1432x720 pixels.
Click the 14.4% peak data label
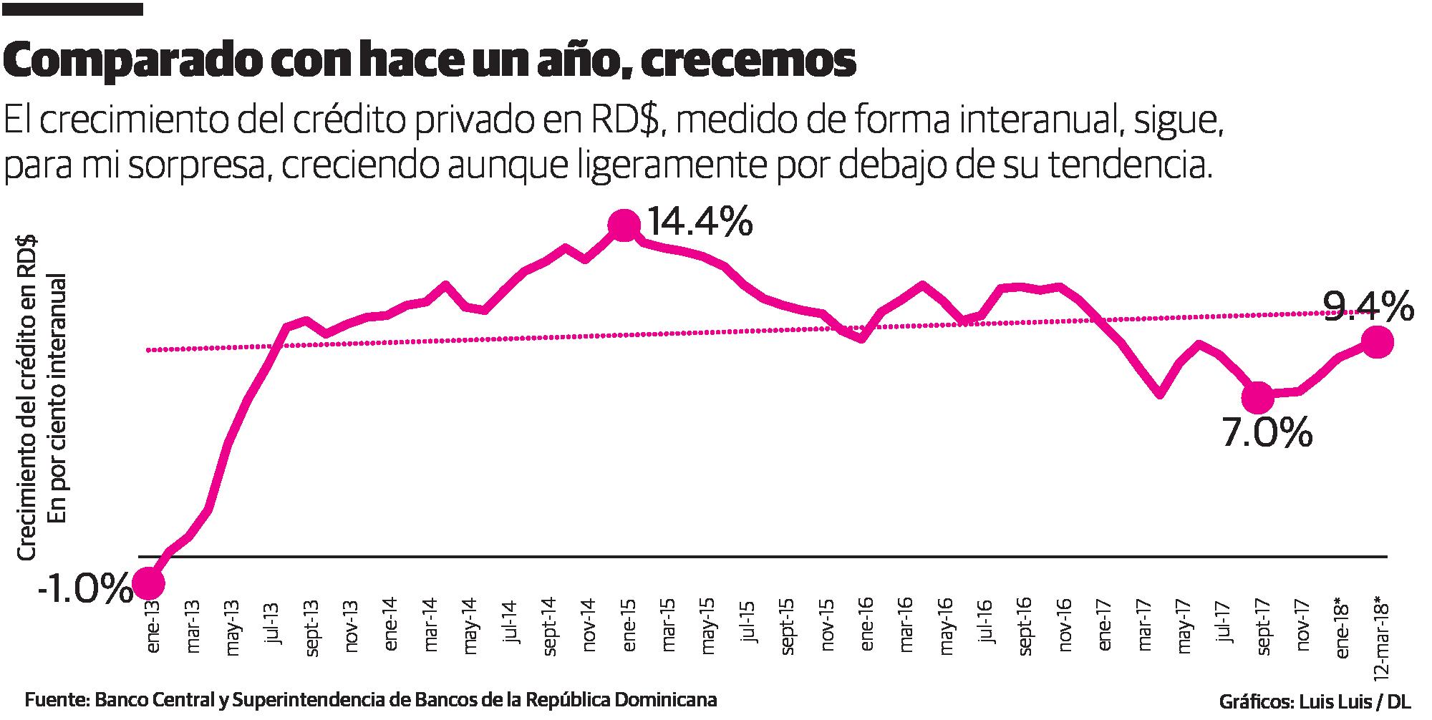point(700,222)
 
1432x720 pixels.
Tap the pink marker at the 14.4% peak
point(624,225)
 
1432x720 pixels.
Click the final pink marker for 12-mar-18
point(1376,342)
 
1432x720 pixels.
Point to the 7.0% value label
point(1267,432)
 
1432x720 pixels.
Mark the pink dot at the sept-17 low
point(1257,396)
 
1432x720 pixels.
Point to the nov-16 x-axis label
point(1065,630)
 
